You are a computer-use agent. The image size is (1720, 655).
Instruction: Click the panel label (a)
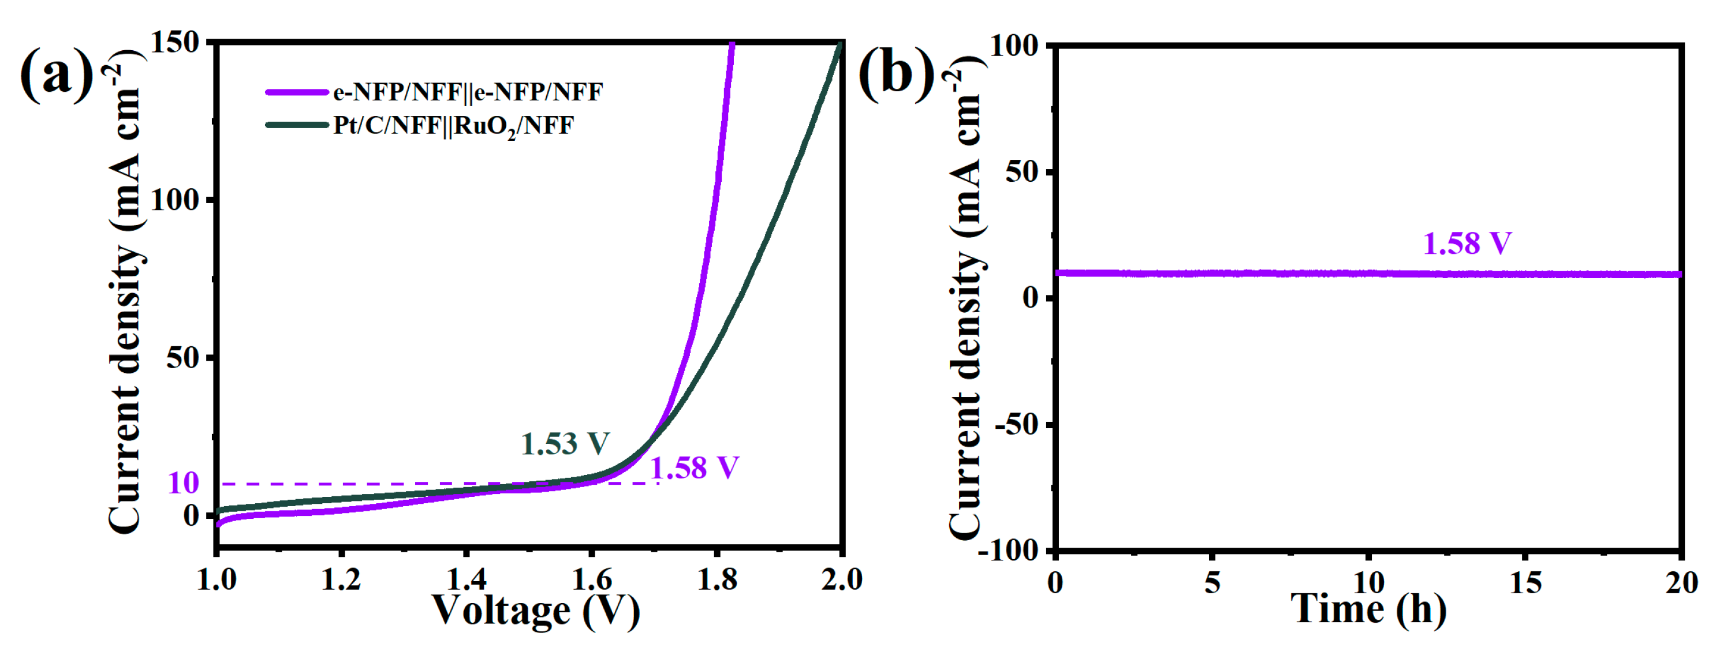click(x=57, y=75)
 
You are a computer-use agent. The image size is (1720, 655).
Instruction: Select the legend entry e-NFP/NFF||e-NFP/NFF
click(x=468, y=92)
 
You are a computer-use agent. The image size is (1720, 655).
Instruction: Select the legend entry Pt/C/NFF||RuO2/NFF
click(x=453, y=126)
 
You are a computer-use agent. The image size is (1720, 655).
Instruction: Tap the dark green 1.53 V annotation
click(x=565, y=443)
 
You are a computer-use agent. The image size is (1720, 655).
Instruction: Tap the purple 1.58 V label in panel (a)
click(x=695, y=467)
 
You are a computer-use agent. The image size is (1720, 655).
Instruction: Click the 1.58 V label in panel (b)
click(x=1467, y=243)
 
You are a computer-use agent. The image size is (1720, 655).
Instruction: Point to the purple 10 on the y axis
click(x=183, y=482)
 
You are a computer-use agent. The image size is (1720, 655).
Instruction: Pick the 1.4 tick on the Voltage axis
click(x=467, y=579)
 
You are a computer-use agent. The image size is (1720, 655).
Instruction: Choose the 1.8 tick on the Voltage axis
click(x=717, y=579)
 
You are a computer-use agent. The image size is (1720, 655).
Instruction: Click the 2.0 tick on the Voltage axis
click(x=841, y=579)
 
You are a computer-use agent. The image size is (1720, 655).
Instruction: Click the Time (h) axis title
click(x=1369, y=609)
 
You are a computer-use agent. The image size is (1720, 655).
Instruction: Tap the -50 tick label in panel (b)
click(x=1016, y=425)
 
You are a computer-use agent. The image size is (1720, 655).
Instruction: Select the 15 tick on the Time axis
click(x=1525, y=583)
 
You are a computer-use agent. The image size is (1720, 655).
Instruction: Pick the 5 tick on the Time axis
click(x=1212, y=583)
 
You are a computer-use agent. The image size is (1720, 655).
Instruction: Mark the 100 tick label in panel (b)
click(x=1013, y=46)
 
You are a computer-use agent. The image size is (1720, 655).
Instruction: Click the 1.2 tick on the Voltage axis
click(x=341, y=579)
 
